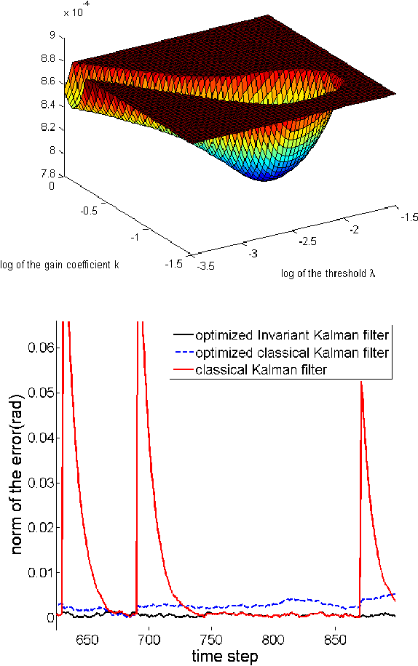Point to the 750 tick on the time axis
point(210,633)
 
